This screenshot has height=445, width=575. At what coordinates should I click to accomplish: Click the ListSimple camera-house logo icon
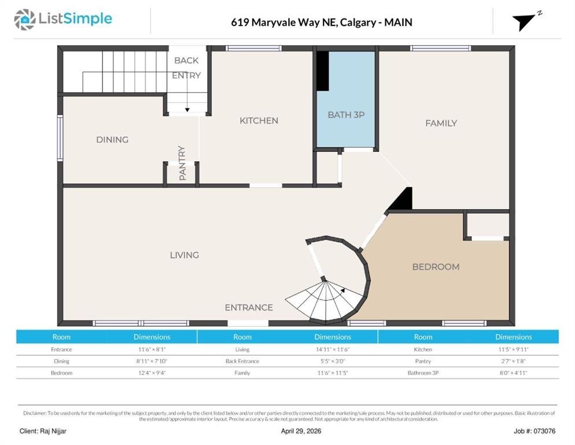click(24, 20)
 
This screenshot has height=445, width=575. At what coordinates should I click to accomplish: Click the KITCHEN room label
click(259, 121)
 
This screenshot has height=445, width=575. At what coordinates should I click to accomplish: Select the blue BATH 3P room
click(346, 99)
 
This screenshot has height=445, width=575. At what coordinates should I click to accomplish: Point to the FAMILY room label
click(441, 123)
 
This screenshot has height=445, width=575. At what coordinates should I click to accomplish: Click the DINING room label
click(112, 140)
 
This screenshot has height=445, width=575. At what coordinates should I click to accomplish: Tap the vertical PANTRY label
click(182, 163)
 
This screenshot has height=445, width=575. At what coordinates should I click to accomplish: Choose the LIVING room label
click(185, 255)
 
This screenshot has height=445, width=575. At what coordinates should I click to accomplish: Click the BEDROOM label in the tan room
click(436, 267)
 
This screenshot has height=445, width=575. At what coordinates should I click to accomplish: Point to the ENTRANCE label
click(249, 308)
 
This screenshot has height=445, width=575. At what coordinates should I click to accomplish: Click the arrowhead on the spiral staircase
click(342, 291)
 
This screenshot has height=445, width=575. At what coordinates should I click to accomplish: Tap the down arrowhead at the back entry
click(187, 110)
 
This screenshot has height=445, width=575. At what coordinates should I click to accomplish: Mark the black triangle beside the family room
click(401, 199)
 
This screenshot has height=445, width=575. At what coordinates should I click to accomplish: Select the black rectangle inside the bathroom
click(323, 71)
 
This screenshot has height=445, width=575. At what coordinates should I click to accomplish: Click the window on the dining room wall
click(60, 138)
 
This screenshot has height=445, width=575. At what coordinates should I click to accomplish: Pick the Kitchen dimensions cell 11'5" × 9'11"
click(514, 349)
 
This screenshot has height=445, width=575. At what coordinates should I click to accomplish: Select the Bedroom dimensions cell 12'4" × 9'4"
click(152, 373)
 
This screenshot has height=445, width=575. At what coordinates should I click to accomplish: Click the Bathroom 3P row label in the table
click(423, 373)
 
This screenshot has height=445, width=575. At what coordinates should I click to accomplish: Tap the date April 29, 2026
click(301, 431)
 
